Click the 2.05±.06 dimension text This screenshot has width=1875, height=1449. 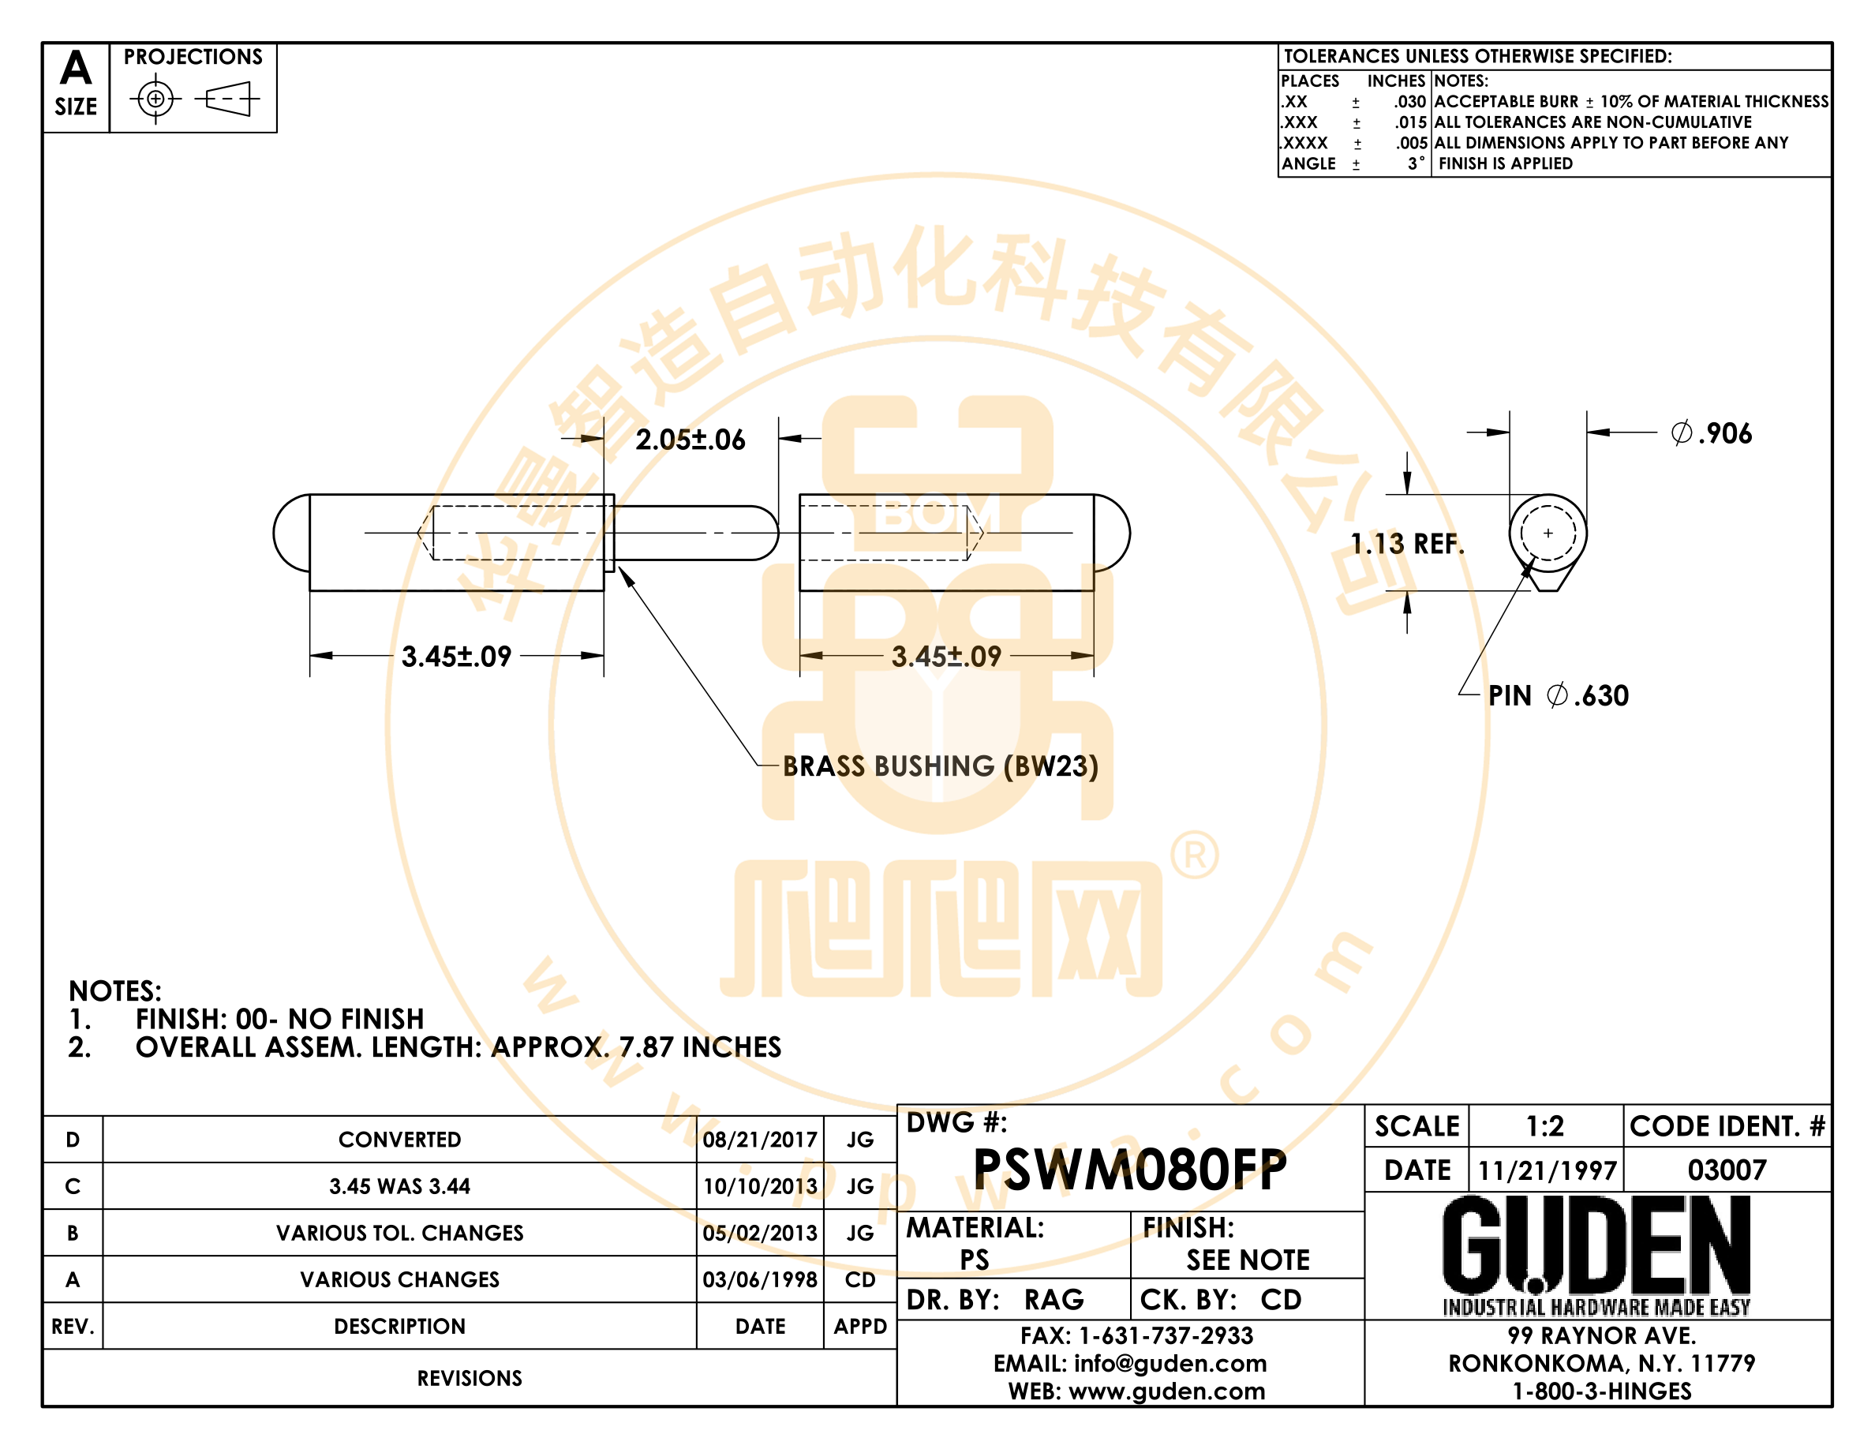coord(690,440)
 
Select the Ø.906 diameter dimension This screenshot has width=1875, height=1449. coord(1711,433)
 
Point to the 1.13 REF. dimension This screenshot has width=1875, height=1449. coord(1407,543)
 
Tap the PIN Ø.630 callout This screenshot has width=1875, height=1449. coord(1559,695)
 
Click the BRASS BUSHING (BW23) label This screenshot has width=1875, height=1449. coord(940,766)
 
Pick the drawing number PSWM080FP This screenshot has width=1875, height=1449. coord(1130,1169)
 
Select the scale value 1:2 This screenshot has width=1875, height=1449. coord(1544,1125)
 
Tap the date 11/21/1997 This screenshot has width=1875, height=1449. coord(1547,1170)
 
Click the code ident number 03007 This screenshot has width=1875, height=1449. coord(1727,1170)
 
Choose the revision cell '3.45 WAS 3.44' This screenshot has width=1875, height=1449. coord(399,1186)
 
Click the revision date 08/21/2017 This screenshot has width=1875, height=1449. coord(760,1139)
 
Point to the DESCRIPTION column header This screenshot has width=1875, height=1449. coord(399,1326)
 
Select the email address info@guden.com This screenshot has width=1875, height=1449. coord(1170,1363)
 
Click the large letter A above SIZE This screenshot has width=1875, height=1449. coord(76,67)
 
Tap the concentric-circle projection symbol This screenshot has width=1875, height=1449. coord(155,99)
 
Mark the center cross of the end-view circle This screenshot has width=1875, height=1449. coord(1548,533)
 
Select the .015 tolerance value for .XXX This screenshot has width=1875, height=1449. coord(1410,122)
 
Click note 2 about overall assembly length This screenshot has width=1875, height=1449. coord(424,1047)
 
